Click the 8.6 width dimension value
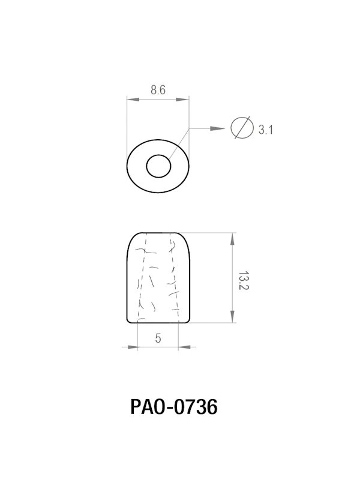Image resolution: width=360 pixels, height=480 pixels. pyautogui.click(x=158, y=90)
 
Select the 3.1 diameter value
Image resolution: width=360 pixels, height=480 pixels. pyautogui.click(x=266, y=130)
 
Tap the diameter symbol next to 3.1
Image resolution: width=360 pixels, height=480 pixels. pyautogui.click(x=241, y=128)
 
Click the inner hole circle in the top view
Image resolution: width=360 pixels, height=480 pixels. pyautogui.click(x=158, y=166)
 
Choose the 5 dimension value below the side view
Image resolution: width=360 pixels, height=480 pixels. pyautogui.click(x=158, y=339)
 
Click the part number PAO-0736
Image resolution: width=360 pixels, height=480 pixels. pyautogui.click(x=173, y=408)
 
